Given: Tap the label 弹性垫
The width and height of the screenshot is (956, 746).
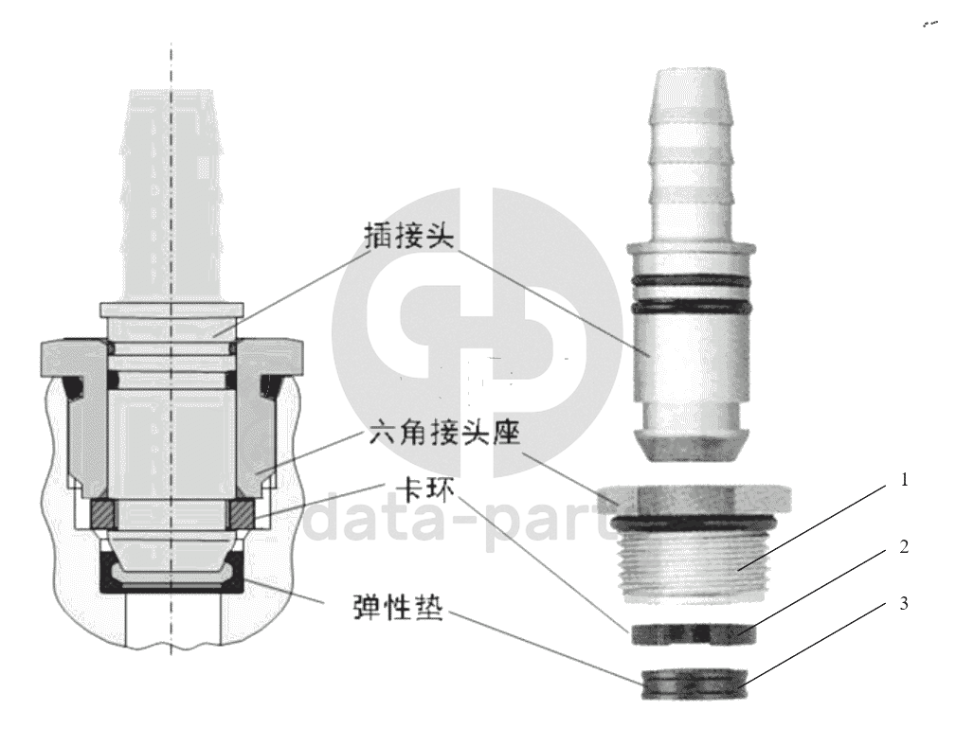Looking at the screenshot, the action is [x=398, y=606].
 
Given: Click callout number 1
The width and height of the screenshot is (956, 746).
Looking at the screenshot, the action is [x=904, y=480].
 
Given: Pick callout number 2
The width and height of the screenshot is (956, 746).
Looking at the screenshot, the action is [x=904, y=547].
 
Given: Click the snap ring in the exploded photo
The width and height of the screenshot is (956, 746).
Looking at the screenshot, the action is [x=694, y=634].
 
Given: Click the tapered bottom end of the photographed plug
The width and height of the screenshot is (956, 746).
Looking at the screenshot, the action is [x=693, y=445].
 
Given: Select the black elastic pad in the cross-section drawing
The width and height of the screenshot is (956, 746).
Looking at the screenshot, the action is [x=172, y=573].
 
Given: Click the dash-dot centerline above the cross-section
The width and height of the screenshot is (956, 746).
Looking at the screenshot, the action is [x=171, y=65].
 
